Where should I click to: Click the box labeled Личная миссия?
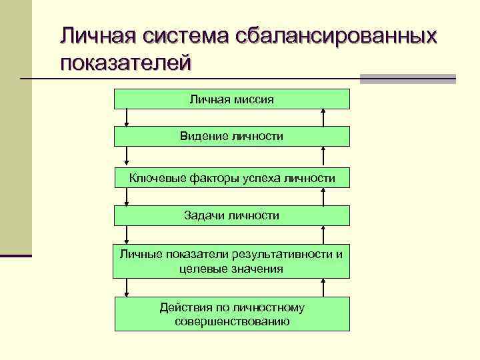[x=231, y=99]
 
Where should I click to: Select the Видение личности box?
[x=231, y=136]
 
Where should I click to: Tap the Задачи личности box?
[x=231, y=215]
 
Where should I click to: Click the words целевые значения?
[x=231, y=269]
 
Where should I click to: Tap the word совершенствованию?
[x=231, y=321]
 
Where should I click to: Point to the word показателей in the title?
[x=126, y=63]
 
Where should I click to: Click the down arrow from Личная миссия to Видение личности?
[x=126, y=117]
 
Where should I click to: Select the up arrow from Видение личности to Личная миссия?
[x=323, y=117]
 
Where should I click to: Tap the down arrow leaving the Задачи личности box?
[x=126, y=234]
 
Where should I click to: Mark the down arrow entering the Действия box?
[x=126, y=287]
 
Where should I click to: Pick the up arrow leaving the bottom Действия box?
[x=323, y=287]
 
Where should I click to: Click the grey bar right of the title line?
[x=407, y=79]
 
